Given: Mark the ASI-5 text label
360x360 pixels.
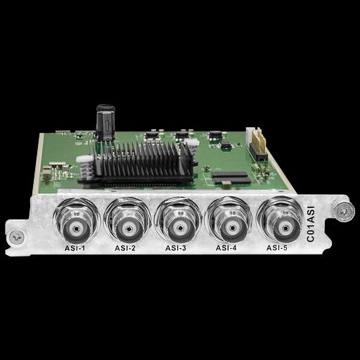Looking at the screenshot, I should point(276,247).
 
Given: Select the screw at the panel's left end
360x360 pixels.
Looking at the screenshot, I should point(17,237).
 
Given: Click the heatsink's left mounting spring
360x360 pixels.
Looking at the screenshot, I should point(85,167).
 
